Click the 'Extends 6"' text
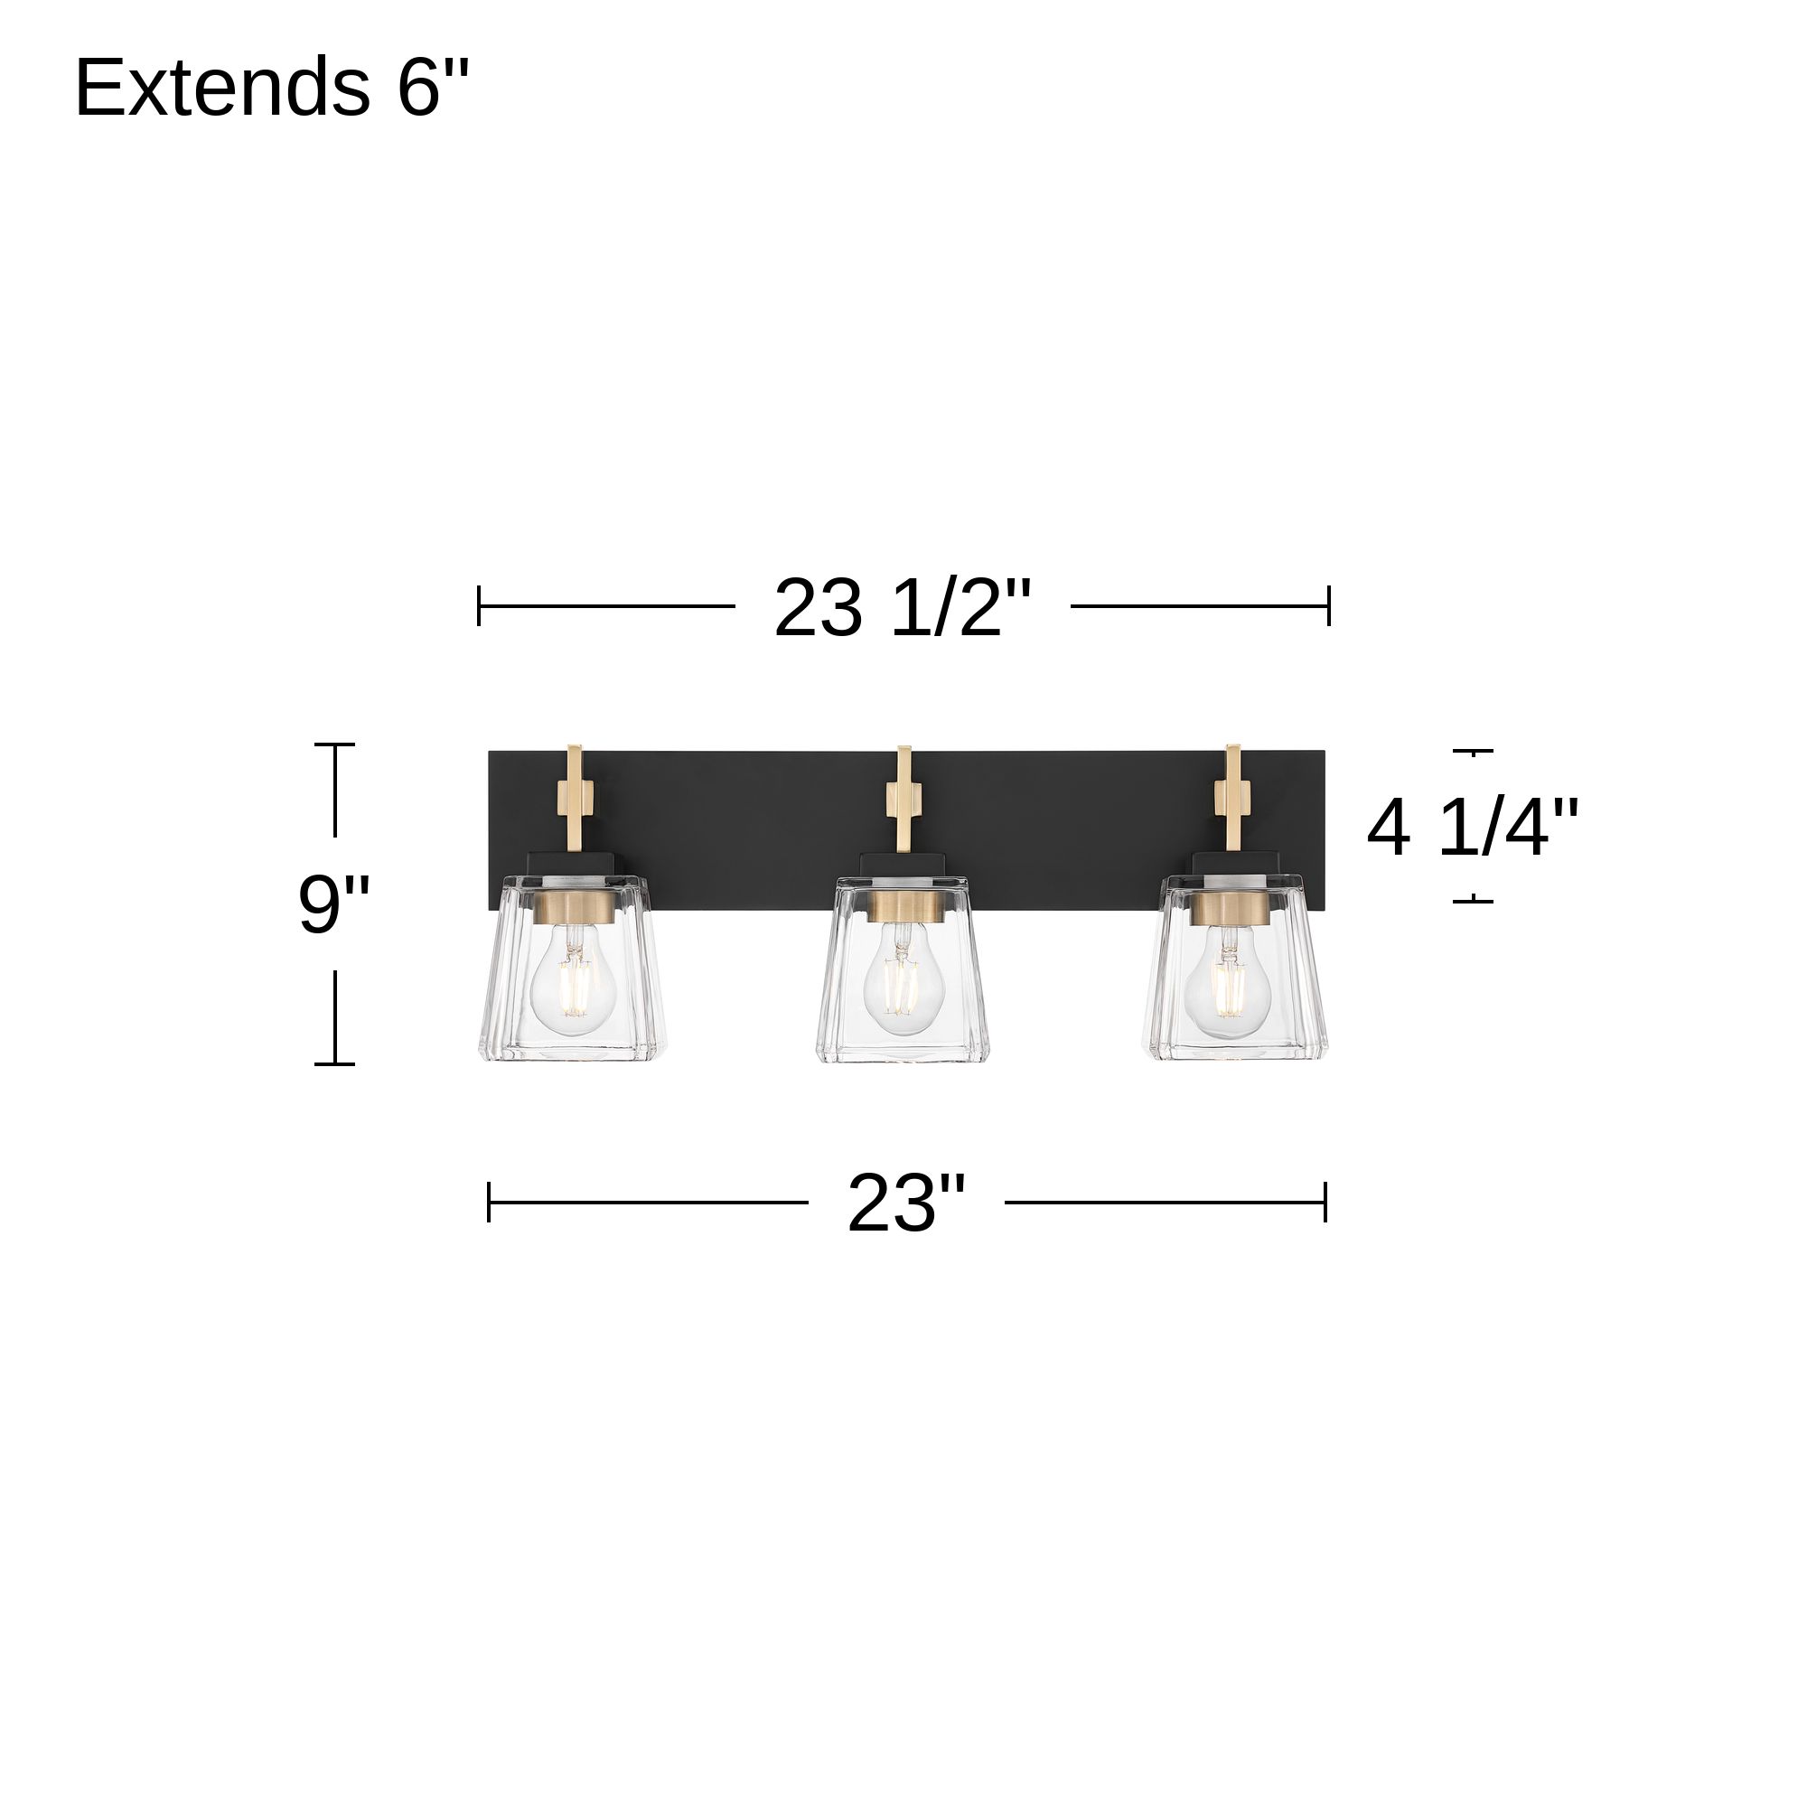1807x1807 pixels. [271, 87]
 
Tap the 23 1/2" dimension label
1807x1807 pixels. [903, 608]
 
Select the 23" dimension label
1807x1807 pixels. [905, 1203]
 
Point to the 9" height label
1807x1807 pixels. [334, 903]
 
